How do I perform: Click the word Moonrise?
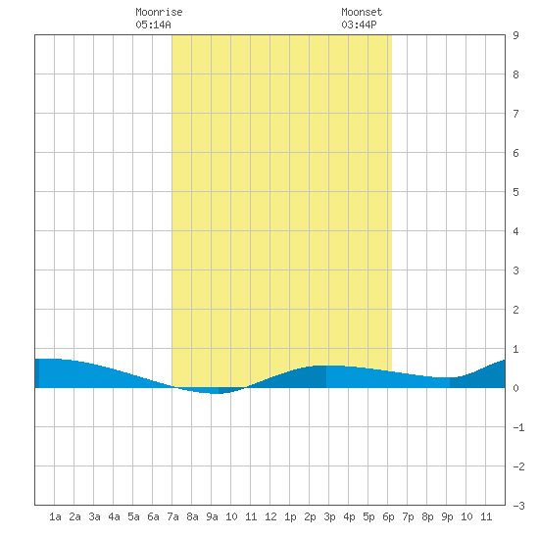click(159, 12)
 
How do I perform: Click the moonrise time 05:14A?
click(153, 24)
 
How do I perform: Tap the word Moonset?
click(362, 12)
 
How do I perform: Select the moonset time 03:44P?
click(359, 24)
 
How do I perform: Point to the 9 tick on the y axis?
click(515, 35)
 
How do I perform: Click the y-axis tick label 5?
click(515, 192)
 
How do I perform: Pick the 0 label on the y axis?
click(515, 388)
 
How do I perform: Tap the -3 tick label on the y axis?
click(518, 506)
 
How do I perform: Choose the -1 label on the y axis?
click(518, 427)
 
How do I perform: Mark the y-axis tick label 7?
click(515, 114)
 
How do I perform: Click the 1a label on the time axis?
click(55, 516)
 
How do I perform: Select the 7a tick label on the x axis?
click(172, 516)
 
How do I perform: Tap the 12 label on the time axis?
click(270, 516)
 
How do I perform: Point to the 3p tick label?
click(329, 516)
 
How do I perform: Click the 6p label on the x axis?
click(388, 516)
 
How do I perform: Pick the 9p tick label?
click(447, 516)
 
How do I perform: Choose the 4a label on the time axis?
click(114, 516)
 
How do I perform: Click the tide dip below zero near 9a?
click(214, 391)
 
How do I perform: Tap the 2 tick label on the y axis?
click(515, 310)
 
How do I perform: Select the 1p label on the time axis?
click(290, 516)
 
